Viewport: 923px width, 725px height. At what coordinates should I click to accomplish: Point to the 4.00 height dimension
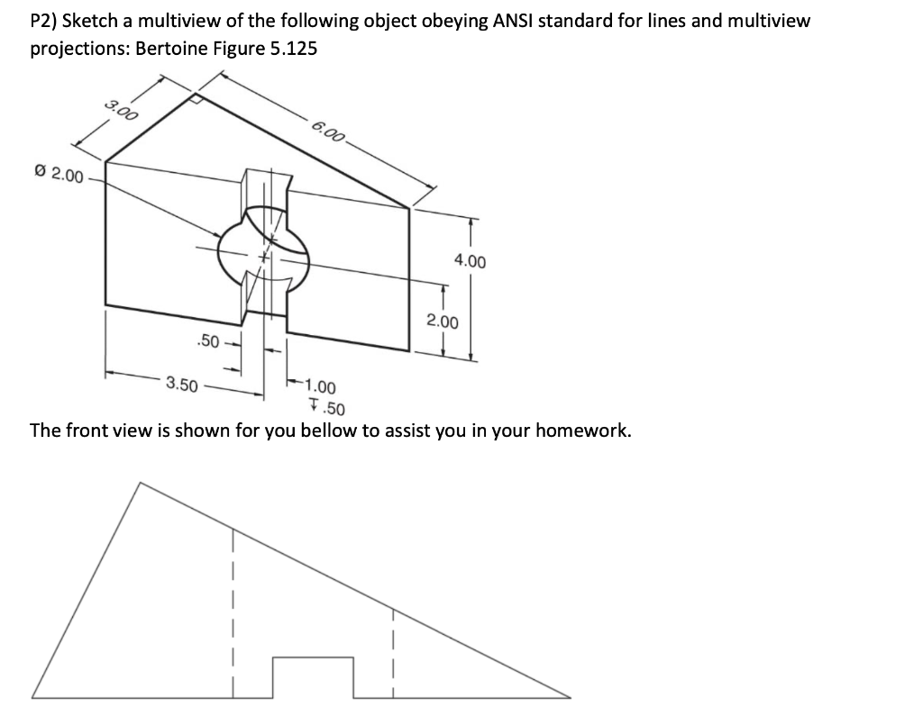(470, 261)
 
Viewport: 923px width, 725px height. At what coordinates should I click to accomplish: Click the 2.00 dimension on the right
(442, 322)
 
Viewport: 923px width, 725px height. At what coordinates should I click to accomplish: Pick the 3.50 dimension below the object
(182, 385)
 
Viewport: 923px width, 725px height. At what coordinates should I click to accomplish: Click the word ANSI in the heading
(516, 20)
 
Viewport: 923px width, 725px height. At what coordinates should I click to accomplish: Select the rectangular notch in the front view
(313, 676)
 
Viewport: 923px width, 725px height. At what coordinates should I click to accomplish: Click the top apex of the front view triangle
(141, 483)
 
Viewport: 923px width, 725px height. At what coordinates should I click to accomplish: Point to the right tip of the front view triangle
(570, 696)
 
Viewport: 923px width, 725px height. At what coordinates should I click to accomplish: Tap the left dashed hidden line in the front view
(233, 612)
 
